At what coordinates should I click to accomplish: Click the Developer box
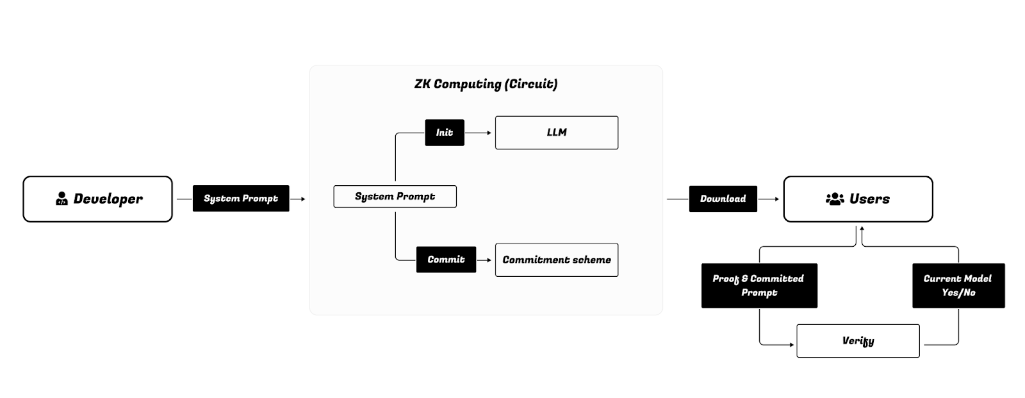97,199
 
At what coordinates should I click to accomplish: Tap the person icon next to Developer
61,199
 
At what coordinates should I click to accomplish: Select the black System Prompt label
241,199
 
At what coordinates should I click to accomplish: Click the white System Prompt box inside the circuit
395,197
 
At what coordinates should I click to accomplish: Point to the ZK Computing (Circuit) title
486,84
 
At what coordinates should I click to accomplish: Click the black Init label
445,133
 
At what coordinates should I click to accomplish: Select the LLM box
556,133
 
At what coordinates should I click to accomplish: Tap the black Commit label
446,260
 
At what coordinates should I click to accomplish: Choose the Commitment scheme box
556,260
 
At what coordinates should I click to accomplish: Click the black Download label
723,199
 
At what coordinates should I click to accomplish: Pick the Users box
858,199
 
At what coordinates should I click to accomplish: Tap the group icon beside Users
835,199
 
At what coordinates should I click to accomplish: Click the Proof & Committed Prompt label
758,286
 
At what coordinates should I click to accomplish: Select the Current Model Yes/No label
958,286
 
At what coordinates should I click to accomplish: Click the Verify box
858,341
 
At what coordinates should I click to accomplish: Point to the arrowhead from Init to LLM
489,133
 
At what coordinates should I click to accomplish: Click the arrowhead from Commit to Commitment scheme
489,260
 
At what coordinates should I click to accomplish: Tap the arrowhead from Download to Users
777,199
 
